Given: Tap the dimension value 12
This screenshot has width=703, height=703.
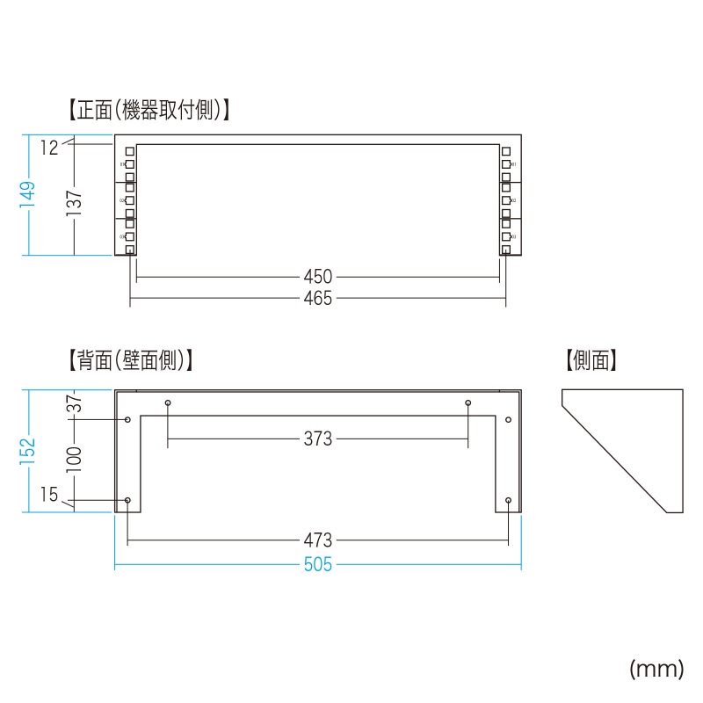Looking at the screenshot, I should click(x=49, y=149).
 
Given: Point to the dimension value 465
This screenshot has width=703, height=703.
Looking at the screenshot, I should click(x=317, y=299).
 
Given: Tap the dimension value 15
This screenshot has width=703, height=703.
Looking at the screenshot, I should click(x=49, y=496).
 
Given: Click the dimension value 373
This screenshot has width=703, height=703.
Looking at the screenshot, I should click(x=317, y=438).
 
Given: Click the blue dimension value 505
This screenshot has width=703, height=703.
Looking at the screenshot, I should click(x=317, y=565).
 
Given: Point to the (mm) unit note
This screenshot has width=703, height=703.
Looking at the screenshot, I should click(x=656, y=670).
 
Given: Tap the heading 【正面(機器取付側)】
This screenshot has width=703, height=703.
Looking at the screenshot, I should click(x=149, y=111).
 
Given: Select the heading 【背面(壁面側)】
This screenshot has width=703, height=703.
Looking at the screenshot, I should click(x=130, y=360).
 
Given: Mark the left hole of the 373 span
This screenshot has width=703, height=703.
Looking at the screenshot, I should click(x=168, y=403).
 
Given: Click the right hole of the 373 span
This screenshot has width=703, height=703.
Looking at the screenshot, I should click(x=468, y=403).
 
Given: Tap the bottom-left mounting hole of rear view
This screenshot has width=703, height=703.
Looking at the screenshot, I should click(x=128, y=500).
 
